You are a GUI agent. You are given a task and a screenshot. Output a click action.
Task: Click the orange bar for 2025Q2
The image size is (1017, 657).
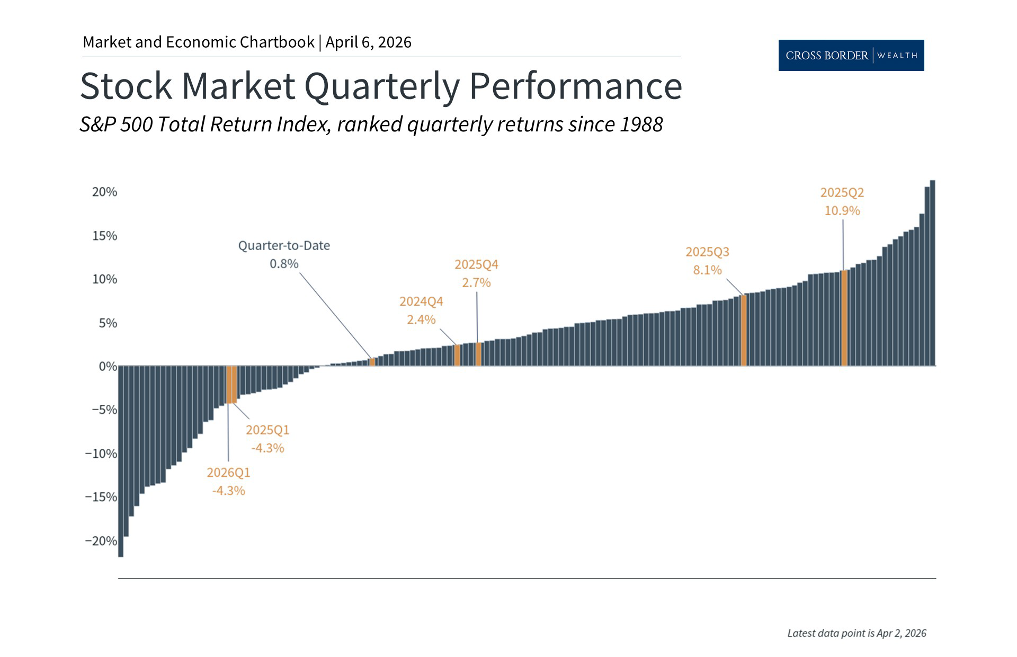click(x=844, y=318)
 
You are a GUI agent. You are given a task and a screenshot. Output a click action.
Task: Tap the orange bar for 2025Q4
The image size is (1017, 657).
click(x=478, y=354)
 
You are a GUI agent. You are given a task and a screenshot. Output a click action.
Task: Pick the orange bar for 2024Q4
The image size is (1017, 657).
click(x=457, y=355)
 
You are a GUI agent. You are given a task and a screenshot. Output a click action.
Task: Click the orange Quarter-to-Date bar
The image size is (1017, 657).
click(x=372, y=362)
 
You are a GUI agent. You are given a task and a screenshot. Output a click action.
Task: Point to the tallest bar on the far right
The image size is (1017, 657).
click(x=932, y=273)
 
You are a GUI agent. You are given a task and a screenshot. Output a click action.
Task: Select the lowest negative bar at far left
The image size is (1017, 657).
click(x=121, y=461)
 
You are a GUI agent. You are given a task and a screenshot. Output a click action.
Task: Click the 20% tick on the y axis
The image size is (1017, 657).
click(x=104, y=192)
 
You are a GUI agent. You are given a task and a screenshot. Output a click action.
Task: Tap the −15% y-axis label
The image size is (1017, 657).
click(x=101, y=497)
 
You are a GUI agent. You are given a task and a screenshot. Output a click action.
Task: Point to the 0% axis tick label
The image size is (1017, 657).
click(x=108, y=366)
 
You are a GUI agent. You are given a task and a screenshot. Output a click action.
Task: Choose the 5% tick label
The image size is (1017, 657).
click(x=108, y=323)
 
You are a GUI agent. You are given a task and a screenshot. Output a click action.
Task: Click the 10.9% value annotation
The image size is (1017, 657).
click(x=842, y=211)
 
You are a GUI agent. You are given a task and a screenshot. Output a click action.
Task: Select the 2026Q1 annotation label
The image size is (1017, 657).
click(x=228, y=472)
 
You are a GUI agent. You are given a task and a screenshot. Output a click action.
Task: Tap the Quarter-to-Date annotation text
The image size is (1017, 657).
click(x=284, y=245)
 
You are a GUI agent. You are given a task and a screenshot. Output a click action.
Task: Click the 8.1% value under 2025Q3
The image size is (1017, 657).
click(x=707, y=270)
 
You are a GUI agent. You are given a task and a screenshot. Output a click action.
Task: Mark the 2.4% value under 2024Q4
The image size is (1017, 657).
click(x=421, y=319)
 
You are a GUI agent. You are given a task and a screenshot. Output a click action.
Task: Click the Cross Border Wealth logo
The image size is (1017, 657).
click(x=851, y=55)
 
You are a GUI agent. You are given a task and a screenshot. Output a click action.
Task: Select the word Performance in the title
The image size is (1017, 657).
click(x=576, y=86)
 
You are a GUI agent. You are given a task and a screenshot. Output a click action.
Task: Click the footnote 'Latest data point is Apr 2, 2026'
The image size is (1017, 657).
click(x=857, y=633)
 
